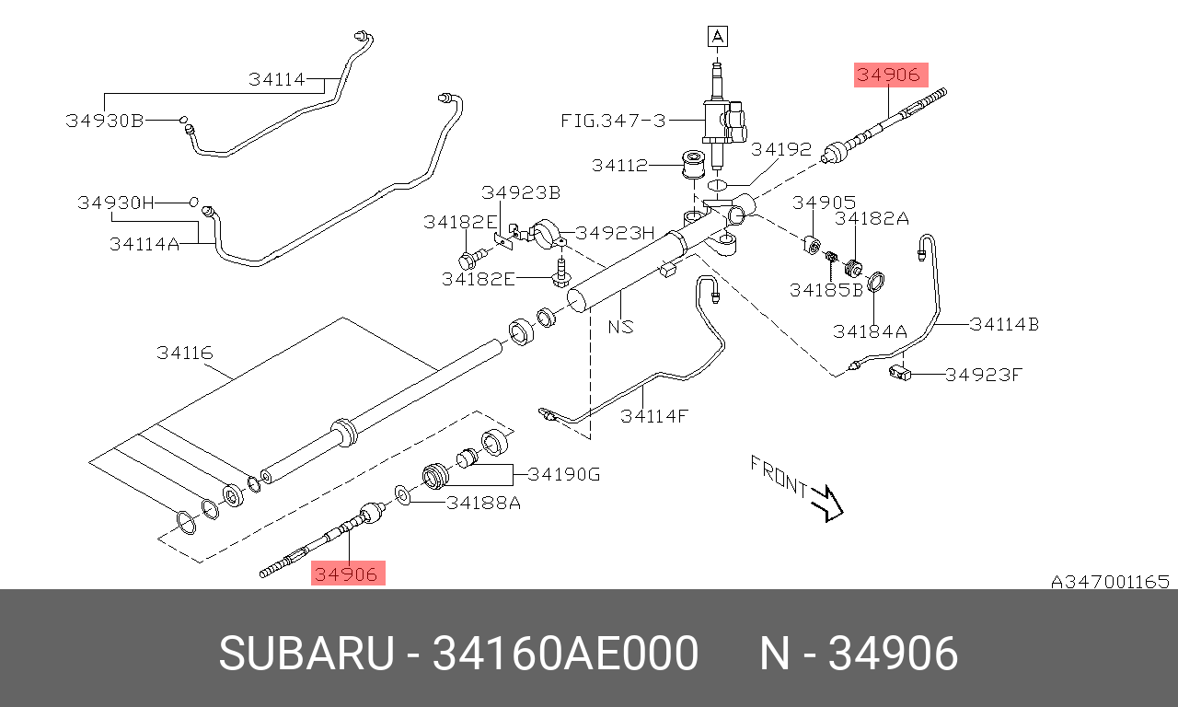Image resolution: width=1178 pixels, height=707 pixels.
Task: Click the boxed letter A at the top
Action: (718, 37)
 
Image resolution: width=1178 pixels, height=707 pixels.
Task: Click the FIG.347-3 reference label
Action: (613, 121)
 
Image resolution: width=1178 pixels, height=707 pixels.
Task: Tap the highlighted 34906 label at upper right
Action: (891, 75)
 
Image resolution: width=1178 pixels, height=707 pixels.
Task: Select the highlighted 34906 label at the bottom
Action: (348, 573)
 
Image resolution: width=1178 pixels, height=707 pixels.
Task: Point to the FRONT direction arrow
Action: (826, 504)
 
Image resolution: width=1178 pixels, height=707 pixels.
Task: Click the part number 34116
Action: (185, 353)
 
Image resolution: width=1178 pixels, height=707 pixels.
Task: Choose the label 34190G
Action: (564, 474)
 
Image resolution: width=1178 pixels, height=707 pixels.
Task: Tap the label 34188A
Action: (484, 504)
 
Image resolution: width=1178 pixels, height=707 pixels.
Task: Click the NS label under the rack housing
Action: (620, 327)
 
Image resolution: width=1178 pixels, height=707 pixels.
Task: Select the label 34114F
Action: (653, 417)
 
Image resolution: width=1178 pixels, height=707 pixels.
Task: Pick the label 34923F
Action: (984, 375)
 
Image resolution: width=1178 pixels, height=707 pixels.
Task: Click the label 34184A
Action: (870, 331)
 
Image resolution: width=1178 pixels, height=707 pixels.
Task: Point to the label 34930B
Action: (105, 121)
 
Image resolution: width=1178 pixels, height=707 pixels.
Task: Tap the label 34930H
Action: (116, 203)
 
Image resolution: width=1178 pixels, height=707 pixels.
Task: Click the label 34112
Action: (619, 166)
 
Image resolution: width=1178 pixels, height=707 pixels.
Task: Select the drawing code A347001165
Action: (1110, 582)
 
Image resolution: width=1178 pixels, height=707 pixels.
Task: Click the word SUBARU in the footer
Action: (306, 653)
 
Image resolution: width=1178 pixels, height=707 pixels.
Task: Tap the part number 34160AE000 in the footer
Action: (565, 653)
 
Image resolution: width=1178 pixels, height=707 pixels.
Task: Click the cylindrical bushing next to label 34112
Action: (693, 164)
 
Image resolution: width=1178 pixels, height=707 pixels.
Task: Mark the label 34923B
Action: (521, 193)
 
